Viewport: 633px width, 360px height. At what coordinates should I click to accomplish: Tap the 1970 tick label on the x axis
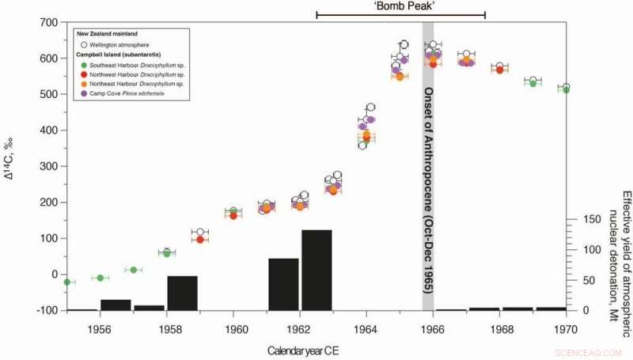(565, 324)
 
